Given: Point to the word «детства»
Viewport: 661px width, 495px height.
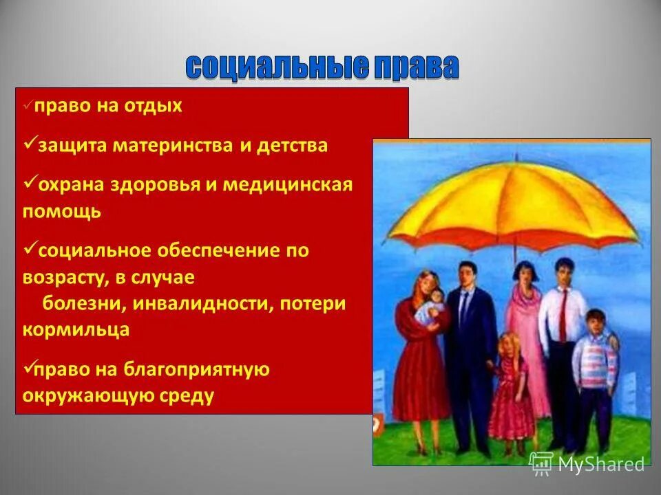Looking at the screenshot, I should tap(293, 146).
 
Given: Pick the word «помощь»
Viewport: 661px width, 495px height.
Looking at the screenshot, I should tap(61, 211).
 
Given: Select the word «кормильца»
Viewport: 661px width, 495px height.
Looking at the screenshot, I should tap(76, 329).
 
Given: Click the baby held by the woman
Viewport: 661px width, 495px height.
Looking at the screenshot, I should tap(432, 306).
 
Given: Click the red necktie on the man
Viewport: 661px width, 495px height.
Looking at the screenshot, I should tap(563, 313).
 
